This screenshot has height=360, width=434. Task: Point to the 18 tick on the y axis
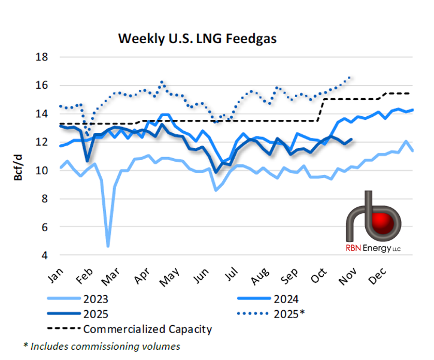click(x=41, y=57)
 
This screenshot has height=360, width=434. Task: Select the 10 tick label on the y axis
click(x=41, y=170)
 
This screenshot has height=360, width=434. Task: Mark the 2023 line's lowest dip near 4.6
click(x=108, y=246)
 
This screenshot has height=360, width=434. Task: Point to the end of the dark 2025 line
click(x=351, y=140)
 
